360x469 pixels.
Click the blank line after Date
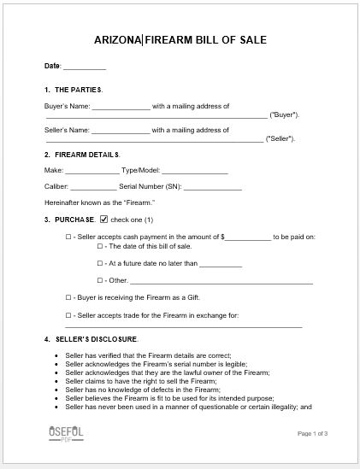coord(85,67)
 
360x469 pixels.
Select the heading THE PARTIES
coord(78,90)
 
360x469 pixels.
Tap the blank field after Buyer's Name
coord(121,107)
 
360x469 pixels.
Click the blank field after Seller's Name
coord(121,131)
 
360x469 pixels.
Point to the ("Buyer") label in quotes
coord(284,114)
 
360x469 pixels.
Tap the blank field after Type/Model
coord(195,171)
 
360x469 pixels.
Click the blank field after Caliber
coord(93,186)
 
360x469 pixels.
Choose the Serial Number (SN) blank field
coord(212,186)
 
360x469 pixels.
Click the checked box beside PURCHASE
coord(104,220)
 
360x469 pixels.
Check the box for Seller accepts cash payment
coord(68,236)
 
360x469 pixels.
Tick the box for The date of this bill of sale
coord(100,246)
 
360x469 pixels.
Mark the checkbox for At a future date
coord(100,263)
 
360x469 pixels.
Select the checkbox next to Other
coord(100,280)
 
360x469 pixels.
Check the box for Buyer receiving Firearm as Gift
coord(68,297)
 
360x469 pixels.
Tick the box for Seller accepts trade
coord(68,315)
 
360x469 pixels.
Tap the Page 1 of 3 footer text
coord(313,433)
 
